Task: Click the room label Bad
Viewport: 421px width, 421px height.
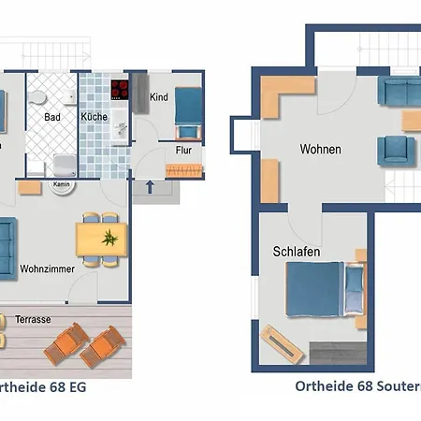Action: [52, 117]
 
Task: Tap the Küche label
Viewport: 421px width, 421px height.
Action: [94, 117]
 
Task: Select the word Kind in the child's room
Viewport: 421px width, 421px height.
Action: [159, 97]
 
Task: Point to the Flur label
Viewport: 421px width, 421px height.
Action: [183, 150]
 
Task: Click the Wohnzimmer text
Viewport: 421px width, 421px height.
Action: [45, 271]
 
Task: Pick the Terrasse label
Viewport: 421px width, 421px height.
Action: [33, 320]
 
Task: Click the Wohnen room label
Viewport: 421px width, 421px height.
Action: [320, 149]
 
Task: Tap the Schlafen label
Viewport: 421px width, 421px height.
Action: [298, 253]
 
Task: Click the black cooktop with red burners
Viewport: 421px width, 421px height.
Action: [120, 90]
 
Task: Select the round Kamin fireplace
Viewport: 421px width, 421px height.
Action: [62, 184]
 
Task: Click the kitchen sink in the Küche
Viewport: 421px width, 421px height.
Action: [119, 131]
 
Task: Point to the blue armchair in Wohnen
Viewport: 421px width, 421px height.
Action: [396, 150]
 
